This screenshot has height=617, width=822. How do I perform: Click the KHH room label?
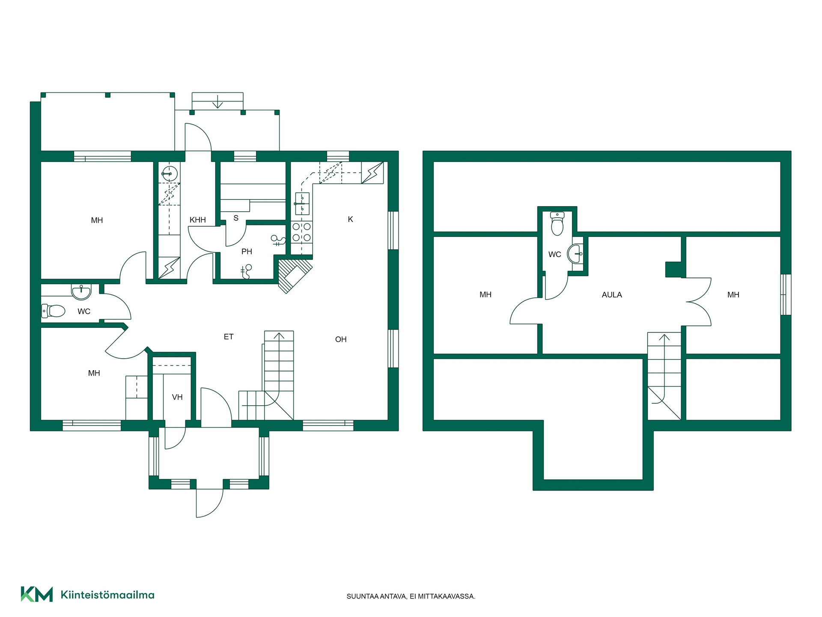point(198,220)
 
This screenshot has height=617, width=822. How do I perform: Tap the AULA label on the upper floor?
point(612,295)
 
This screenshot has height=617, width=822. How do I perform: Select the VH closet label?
point(177,397)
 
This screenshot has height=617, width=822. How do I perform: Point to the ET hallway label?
point(229,337)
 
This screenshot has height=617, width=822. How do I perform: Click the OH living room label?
point(341,339)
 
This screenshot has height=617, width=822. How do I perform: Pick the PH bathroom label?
point(247,252)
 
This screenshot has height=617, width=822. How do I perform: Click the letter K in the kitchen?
point(351,219)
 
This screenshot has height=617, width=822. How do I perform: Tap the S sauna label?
point(236,218)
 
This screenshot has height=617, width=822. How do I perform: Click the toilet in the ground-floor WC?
point(53,310)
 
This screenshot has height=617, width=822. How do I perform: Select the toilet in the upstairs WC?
point(557,224)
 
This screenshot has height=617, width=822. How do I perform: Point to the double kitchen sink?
point(302,204)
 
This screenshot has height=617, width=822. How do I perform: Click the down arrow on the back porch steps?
point(218,102)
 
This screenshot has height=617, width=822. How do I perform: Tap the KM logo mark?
point(37,594)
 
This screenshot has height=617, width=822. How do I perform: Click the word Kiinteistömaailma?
point(107,595)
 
